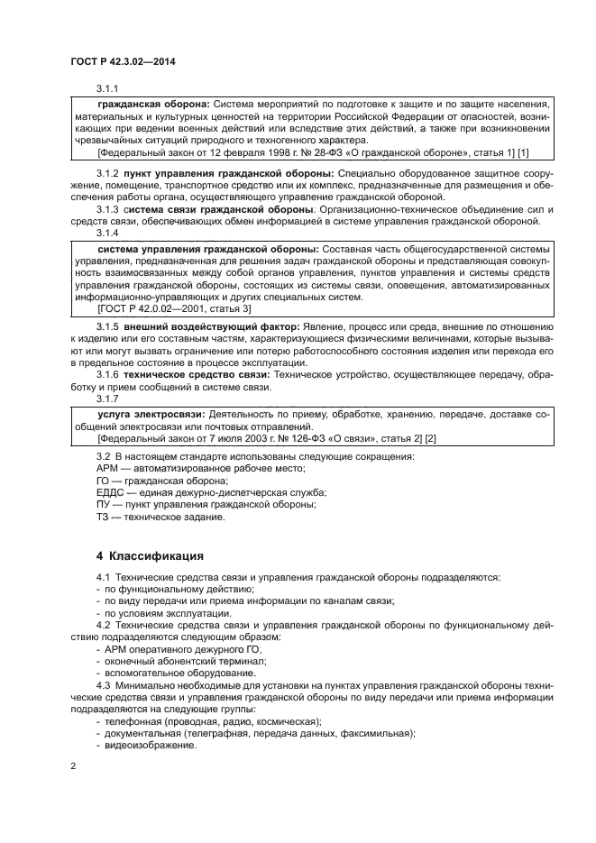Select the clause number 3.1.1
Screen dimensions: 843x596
click(x=109, y=88)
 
